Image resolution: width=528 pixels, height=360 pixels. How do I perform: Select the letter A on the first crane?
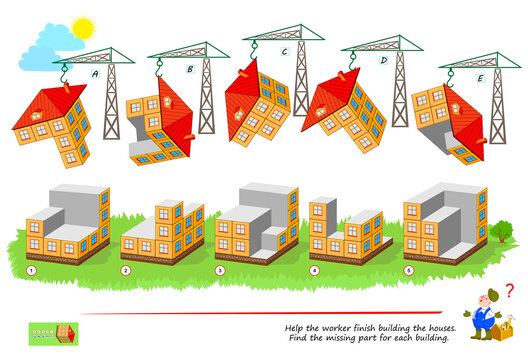click(x=95, y=73)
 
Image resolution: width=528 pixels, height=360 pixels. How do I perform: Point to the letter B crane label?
click(x=189, y=70)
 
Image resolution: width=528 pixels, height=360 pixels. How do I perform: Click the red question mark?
click(x=512, y=290)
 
